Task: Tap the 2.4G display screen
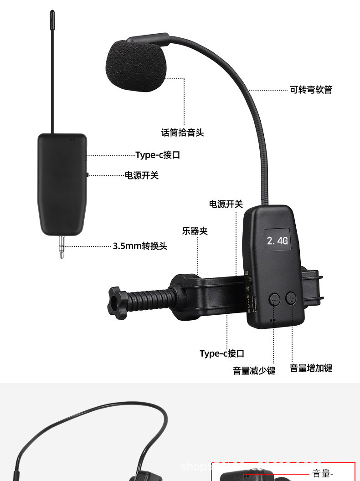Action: click(277, 240)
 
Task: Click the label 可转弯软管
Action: click(311, 90)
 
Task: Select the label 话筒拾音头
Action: click(182, 133)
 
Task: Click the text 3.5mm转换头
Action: click(140, 246)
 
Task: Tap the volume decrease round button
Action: click(274, 298)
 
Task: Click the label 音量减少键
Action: click(254, 371)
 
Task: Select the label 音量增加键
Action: click(311, 368)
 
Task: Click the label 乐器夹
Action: click(195, 231)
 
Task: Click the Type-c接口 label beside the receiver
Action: click(158, 155)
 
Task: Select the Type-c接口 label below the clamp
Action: click(222, 353)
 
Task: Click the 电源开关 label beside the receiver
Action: click(142, 175)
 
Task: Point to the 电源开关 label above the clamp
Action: click(226, 204)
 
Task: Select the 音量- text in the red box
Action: click(323, 474)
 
